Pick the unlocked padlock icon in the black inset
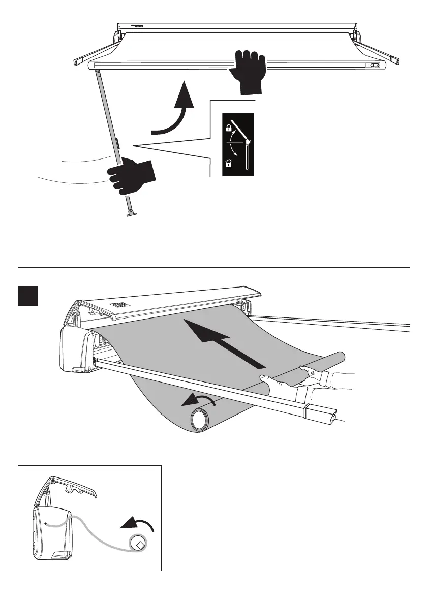230,163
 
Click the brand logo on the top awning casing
138,27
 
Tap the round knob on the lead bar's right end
373,66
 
